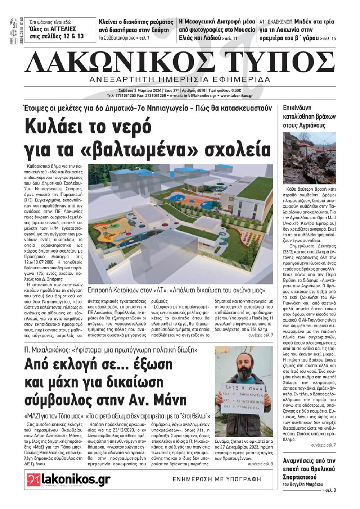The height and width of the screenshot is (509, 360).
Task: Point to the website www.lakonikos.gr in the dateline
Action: point(237,96)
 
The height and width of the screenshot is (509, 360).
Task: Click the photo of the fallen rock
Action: point(309,158)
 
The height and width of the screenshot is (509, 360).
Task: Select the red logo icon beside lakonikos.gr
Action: point(34,480)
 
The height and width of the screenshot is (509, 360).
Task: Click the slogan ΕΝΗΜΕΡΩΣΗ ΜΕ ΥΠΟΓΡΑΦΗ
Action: point(217,479)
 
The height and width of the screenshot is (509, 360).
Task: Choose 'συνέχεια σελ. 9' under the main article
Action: point(260,335)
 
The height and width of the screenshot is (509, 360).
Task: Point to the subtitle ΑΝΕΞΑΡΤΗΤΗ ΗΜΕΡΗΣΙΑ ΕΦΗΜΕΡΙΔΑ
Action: point(180,79)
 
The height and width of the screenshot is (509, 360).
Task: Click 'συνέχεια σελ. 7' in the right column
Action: point(323,445)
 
